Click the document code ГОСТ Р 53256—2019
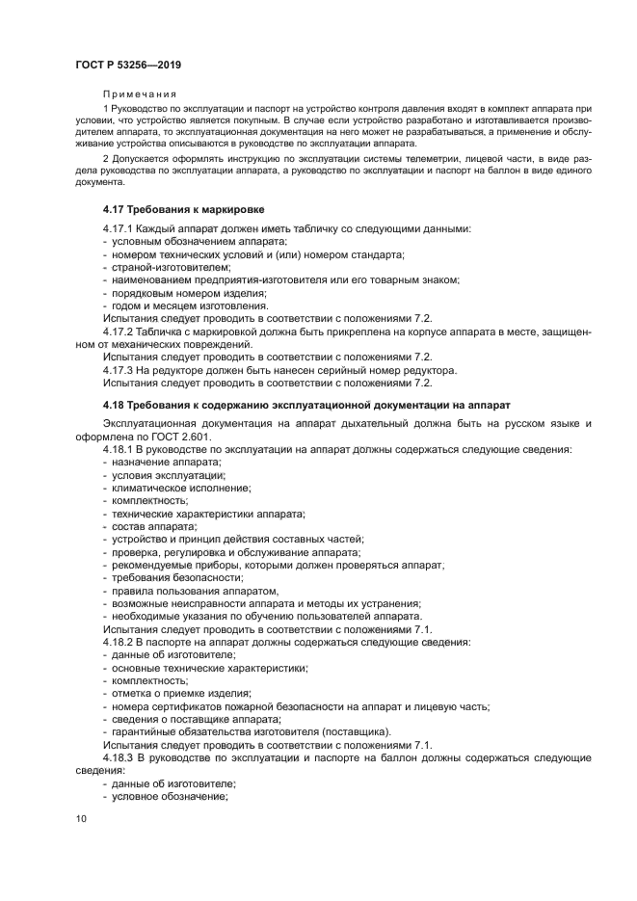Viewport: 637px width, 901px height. click(128, 64)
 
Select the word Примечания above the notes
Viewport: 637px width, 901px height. click(139, 93)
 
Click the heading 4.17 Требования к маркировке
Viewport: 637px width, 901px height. click(184, 208)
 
